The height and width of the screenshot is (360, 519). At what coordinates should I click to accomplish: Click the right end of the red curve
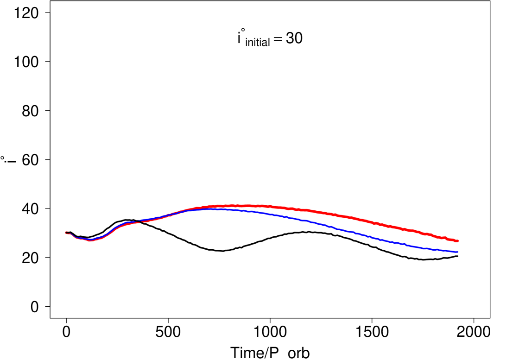(x=458, y=241)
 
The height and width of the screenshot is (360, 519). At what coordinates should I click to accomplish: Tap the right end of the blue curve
(x=458, y=252)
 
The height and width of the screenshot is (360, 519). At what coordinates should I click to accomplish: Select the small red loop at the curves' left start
(x=67, y=233)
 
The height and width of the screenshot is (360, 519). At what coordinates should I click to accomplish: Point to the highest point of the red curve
(x=236, y=205)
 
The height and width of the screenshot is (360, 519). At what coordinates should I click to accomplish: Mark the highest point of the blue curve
(x=218, y=209)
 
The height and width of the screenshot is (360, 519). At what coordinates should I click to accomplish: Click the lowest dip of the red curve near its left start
(x=90, y=241)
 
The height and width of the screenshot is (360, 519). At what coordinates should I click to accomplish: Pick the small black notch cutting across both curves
(x=139, y=221)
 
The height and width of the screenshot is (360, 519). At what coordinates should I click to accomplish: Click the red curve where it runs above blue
(x=324, y=213)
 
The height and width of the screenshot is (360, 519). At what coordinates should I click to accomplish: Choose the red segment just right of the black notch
(x=146, y=221)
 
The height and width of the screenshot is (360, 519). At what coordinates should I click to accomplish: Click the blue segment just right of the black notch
(x=146, y=219)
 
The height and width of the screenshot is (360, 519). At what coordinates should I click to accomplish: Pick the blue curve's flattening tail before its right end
(x=440, y=250)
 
